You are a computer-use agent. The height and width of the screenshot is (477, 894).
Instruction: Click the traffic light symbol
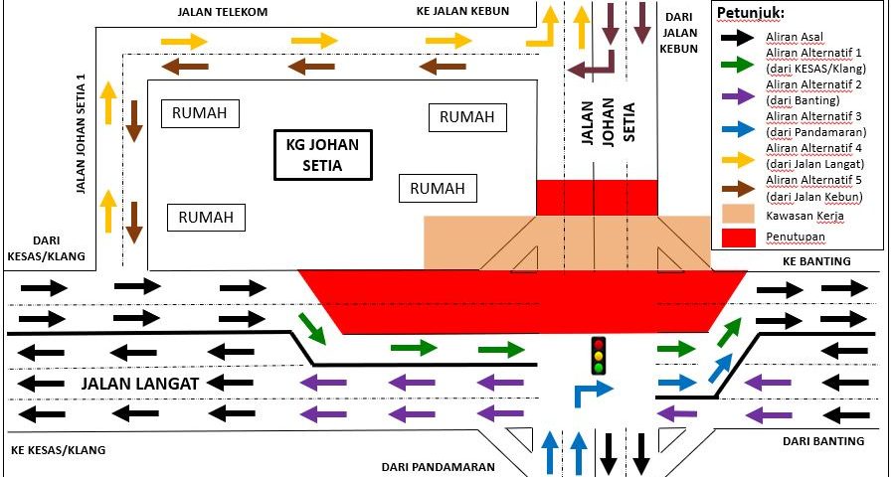(x=599, y=355)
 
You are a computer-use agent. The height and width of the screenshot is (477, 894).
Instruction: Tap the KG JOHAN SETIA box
(x=322, y=154)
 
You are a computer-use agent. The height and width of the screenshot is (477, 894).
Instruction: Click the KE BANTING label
(x=816, y=261)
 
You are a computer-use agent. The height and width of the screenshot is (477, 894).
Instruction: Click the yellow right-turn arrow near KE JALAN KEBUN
(x=548, y=28)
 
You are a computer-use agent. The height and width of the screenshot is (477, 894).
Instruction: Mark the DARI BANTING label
(x=822, y=441)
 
